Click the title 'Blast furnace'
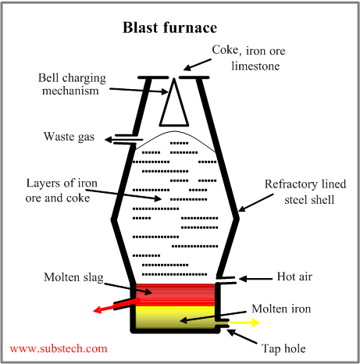click(x=169, y=28)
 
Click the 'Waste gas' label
click(x=69, y=137)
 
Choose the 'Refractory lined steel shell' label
click(x=301, y=191)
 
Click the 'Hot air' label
click(x=295, y=277)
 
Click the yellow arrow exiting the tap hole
click(x=244, y=321)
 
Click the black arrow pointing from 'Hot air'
click(x=252, y=278)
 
